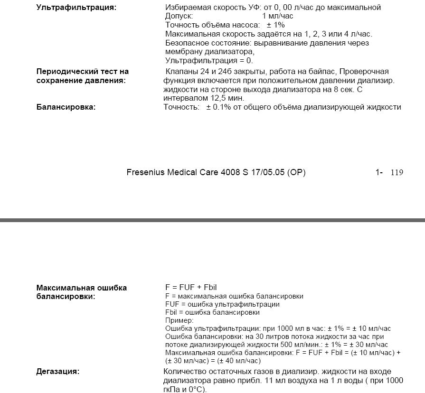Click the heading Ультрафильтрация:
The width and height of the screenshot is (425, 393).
76,8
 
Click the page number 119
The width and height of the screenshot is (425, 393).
397,173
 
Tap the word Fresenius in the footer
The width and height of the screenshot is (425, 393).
146,172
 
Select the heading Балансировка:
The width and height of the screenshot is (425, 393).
66,107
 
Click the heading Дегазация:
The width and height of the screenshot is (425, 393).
57,372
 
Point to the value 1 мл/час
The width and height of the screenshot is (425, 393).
278,16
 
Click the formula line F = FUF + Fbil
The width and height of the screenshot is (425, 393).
191,288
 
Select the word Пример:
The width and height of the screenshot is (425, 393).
179,320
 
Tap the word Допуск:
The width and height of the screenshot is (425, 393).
179,16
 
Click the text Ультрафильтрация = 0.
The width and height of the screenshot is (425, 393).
209,61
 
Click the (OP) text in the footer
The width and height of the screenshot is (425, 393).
297,172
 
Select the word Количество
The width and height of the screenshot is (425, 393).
184,372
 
